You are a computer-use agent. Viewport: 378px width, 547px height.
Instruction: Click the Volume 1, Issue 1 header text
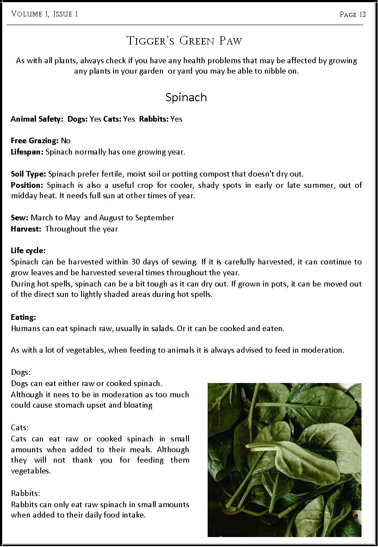(45, 14)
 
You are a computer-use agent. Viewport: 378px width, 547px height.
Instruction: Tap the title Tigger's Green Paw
(184, 41)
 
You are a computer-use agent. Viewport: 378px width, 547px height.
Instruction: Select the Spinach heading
(186, 97)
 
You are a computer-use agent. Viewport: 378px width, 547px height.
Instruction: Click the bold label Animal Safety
(37, 119)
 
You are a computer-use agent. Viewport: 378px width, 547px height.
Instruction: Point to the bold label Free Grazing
(35, 141)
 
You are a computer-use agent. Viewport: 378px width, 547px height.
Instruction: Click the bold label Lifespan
(27, 152)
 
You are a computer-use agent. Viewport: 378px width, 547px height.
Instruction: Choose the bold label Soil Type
(28, 174)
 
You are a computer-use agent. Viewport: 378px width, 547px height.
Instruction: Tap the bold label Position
(27, 185)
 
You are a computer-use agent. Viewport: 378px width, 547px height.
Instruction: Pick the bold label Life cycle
(28, 251)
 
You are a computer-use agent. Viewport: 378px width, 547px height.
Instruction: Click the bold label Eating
(23, 317)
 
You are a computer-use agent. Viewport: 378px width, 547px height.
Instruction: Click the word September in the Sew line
(155, 218)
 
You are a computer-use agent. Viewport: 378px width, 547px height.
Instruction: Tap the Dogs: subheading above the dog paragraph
(21, 372)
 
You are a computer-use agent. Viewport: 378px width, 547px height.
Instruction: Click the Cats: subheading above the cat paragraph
(20, 428)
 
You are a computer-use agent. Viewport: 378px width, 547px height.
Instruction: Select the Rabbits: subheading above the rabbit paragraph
(26, 493)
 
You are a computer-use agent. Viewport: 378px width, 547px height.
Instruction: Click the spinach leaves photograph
(284, 460)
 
